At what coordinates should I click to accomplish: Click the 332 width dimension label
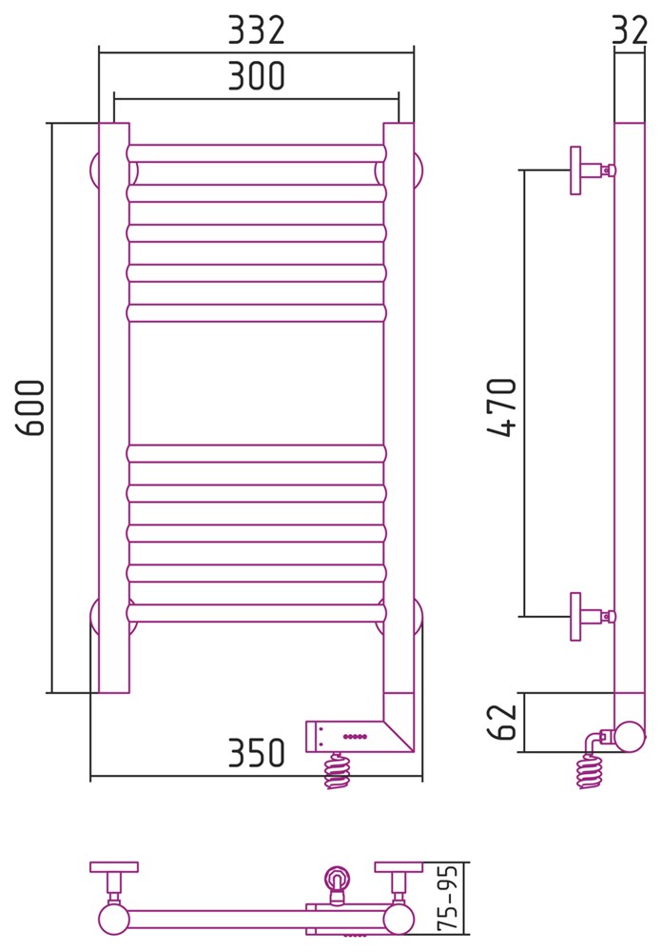(256, 30)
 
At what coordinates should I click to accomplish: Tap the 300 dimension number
(256, 76)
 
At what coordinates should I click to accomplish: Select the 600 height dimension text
(29, 407)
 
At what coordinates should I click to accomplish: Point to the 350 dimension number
(256, 753)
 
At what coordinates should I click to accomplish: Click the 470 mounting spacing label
(502, 407)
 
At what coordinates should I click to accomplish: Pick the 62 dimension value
(502, 722)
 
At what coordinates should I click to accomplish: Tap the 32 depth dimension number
(630, 30)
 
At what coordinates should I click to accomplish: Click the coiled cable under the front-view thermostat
(338, 771)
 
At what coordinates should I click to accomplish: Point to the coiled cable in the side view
(590, 771)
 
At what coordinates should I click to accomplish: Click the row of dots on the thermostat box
(355, 737)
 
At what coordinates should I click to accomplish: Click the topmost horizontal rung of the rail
(256, 153)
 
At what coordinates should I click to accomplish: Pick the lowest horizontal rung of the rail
(256, 612)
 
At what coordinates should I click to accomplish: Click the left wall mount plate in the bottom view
(114, 867)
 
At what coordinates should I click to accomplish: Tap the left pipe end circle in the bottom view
(113, 920)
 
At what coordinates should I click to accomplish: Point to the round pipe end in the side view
(630, 737)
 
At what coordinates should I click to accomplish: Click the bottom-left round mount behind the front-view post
(94, 617)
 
